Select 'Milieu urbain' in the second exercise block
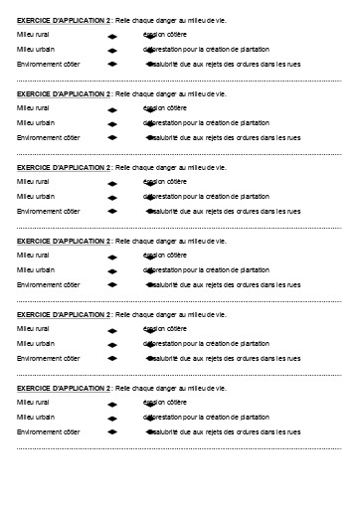[36, 122]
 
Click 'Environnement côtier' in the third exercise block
[49, 211]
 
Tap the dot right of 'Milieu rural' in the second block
[111, 108]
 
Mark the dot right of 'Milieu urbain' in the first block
[111, 50]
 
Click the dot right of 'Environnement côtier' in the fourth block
[111, 285]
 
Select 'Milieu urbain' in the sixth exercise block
[36, 417]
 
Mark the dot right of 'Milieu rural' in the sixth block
[111, 403]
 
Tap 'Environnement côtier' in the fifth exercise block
[49, 358]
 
